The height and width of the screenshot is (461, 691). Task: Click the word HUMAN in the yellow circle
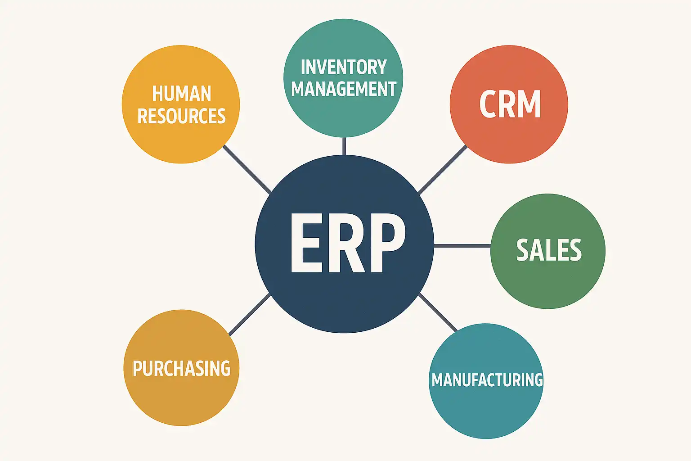coord(181,94)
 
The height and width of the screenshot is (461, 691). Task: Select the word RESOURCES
coord(181,116)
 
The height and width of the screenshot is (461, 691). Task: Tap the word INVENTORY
coord(344,68)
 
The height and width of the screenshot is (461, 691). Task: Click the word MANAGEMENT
coord(344,89)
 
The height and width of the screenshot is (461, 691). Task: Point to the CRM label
coord(510,104)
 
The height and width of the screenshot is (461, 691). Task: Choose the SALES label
coord(549,250)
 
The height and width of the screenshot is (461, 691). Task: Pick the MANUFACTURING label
coord(487,380)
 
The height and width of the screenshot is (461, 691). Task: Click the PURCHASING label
coord(181,369)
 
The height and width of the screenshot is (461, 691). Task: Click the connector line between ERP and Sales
coord(462,246)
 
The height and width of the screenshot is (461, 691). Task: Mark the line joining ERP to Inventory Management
coord(344,146)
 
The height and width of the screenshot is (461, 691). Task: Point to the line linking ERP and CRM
coord(443,170)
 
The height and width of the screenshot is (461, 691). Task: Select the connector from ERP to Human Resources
coord(247,169)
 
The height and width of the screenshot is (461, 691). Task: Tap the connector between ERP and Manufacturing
coord(438,313)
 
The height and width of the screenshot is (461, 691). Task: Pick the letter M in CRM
coord(530,104)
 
